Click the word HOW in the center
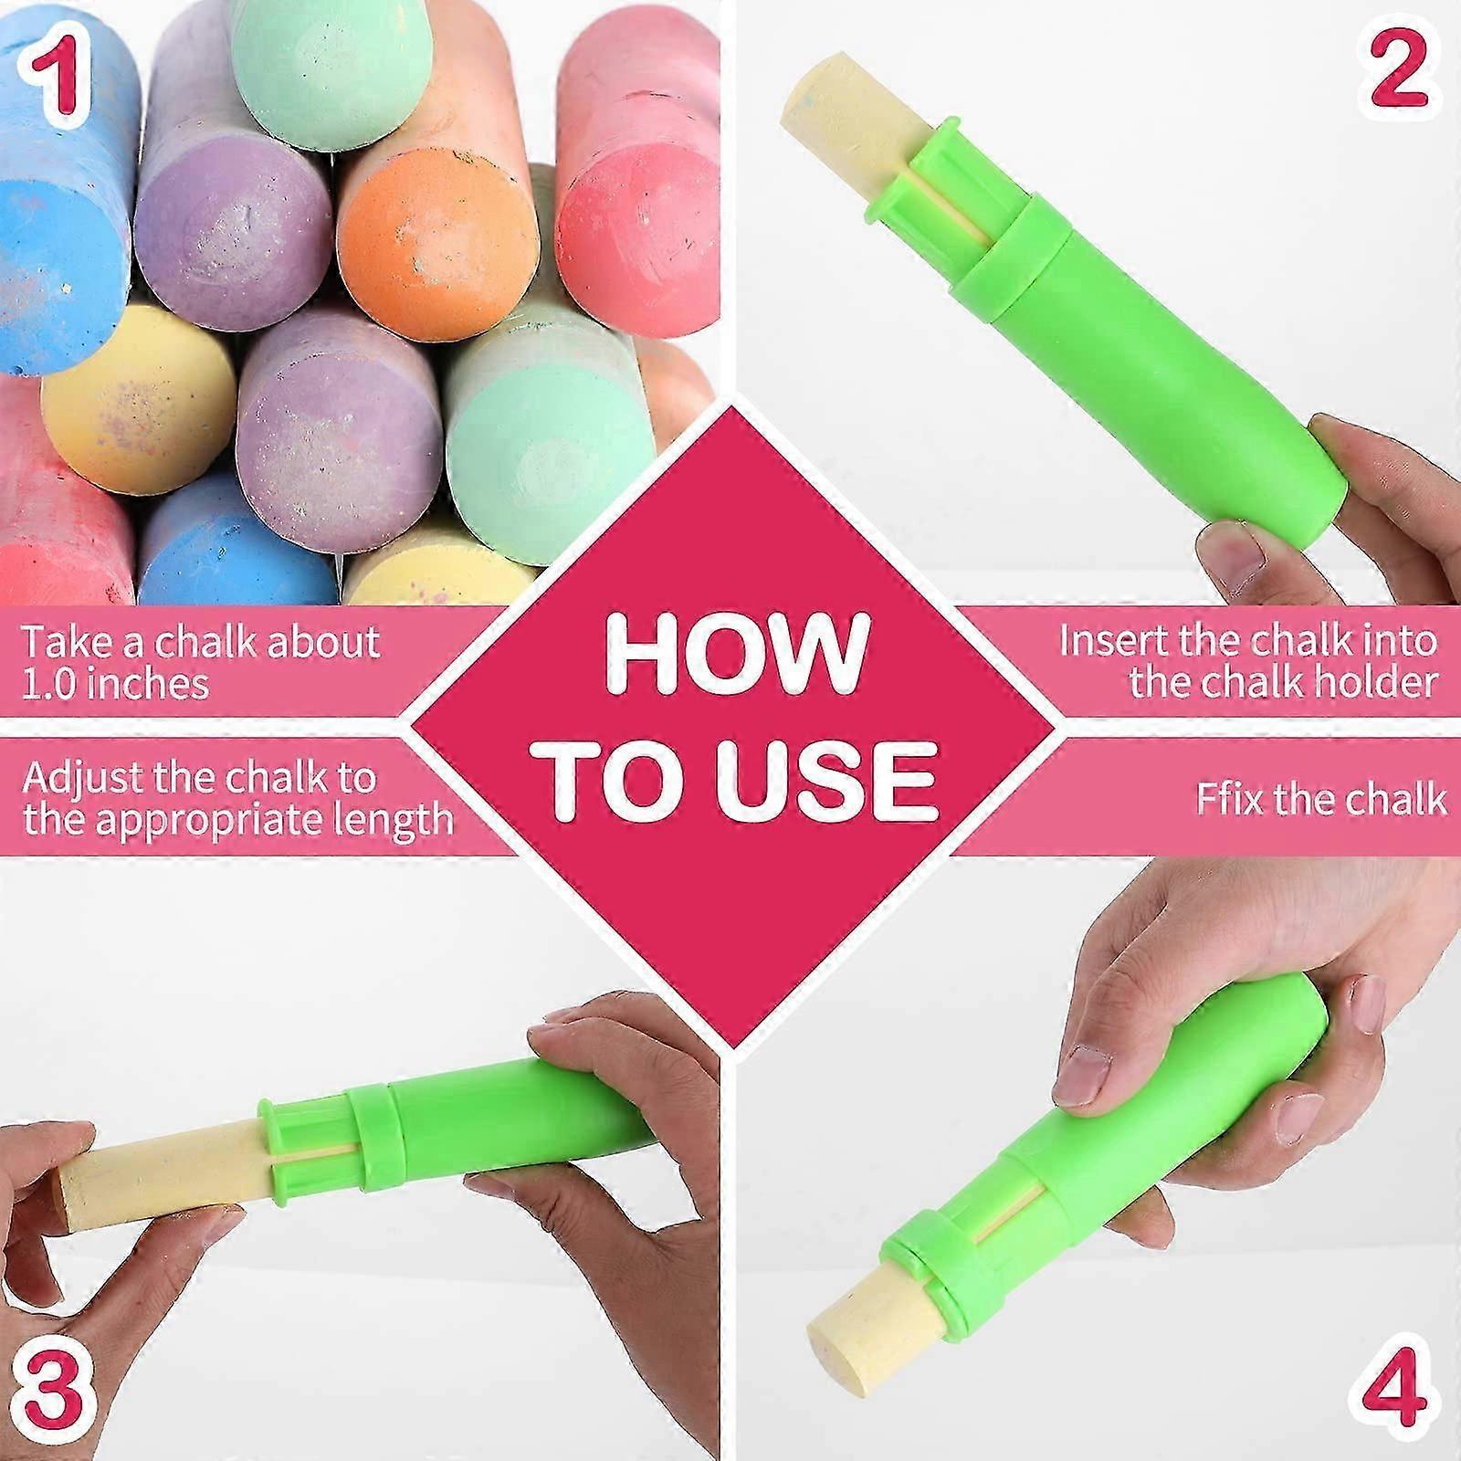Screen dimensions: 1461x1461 tap(735, 650)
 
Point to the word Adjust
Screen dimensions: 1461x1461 tap(82, 779)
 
